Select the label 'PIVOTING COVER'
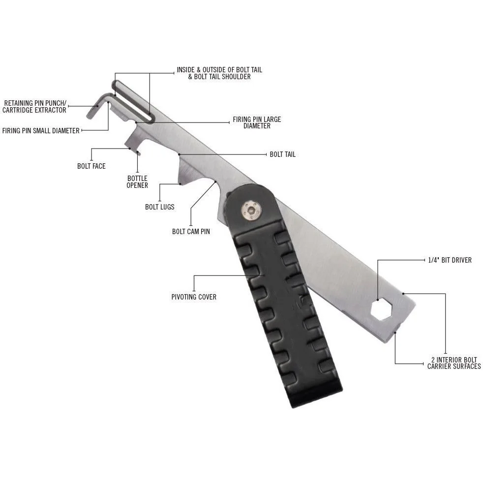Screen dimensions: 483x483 [194, 297]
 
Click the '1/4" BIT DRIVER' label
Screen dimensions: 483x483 [450, 260]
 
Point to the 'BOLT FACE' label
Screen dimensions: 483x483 [91, 166]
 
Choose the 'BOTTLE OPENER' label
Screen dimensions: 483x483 [137, 181]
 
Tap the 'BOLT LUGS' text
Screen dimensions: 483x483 [159, 207]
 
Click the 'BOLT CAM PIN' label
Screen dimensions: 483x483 [191, 231]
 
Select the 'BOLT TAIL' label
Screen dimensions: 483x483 [282, 154]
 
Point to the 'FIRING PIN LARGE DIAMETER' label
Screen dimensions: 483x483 [257, 122]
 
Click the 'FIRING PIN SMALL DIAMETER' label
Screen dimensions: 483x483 [41, 130]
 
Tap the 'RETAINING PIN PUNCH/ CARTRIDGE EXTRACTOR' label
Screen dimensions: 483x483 [34, 107]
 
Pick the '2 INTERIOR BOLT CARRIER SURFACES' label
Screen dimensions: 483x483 [453, 363]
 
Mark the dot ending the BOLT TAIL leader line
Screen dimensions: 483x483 [179, 154]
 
